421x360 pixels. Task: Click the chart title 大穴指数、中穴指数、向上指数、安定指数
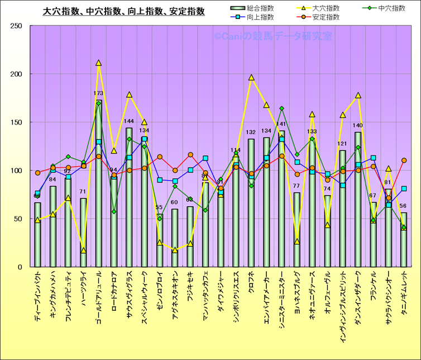coord(124,11)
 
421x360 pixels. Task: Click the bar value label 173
coord(99,93)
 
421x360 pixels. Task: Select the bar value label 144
coord(129,121)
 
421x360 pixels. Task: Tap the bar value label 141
coord(281,124)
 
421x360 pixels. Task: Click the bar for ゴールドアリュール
coord(99,184)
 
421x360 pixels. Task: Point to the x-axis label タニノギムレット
coord(404,301)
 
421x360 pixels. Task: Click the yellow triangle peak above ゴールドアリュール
coord(99,63)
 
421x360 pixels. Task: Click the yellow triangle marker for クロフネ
coord(251,78)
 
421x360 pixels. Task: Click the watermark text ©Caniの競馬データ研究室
coord(273,36)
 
